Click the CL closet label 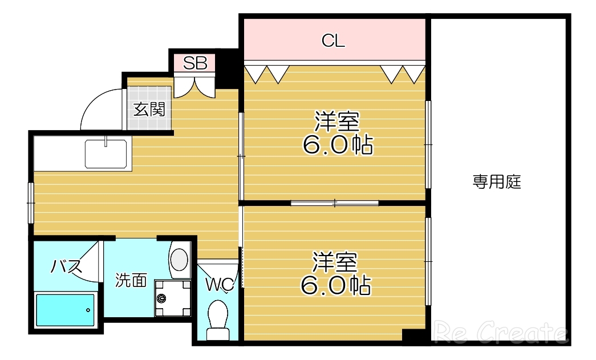click(x=334, y=41)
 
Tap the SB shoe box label click(x=194, y=63)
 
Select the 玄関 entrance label click(x=149, y=109)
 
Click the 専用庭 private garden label click(x=497, y=183)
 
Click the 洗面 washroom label click(x=132, y=280)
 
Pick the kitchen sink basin click(x=107, y=153)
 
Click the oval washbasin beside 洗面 click(x=179, y=259)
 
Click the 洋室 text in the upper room click(x=337, y=122)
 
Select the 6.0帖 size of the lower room click(x=336, y=285)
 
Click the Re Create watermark click(x=501, y=333)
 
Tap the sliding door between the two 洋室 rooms click(x=335, y=203)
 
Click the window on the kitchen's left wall click(x=31, y=202)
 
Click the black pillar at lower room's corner click(x=413, y=336)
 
